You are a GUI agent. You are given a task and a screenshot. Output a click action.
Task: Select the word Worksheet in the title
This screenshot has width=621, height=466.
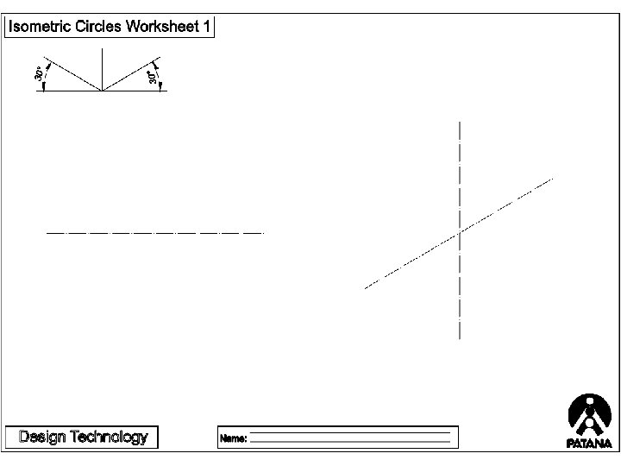[x=162, y=27]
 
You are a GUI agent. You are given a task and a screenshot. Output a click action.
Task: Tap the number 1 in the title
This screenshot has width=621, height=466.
[x=206, y=27]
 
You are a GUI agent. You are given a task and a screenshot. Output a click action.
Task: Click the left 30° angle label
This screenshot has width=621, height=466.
[x=39, y=76]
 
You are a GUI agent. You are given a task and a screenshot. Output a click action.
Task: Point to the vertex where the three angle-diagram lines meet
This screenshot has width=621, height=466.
[x=103, y=91]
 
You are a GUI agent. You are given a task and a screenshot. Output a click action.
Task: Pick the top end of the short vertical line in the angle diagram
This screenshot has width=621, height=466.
[x=103, y=48]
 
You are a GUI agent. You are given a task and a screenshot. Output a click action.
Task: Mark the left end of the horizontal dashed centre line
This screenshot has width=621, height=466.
[x=47, y=233]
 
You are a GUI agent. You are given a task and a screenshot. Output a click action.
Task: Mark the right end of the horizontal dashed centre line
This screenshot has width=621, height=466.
[x=262, y=233]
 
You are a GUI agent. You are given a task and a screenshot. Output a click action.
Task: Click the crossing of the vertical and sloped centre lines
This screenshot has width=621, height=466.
[x=460, y=231]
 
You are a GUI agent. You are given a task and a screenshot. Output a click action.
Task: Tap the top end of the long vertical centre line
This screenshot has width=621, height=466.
[x=460, y=123]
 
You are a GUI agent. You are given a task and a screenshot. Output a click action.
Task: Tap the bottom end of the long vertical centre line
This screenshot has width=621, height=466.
[x=460, y=339]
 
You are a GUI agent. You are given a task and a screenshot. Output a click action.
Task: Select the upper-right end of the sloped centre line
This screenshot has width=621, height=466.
[x=552, y=178]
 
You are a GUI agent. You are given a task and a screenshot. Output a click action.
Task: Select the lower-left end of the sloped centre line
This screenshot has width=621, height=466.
[x=366, y=287]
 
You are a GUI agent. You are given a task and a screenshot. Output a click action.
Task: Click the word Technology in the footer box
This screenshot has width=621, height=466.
[x=108, y=437]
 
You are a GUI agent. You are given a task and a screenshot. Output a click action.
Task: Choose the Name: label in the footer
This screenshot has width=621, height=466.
[x=234, y=438]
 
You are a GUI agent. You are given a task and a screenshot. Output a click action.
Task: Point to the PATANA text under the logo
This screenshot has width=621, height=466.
[x=590, y=444]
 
